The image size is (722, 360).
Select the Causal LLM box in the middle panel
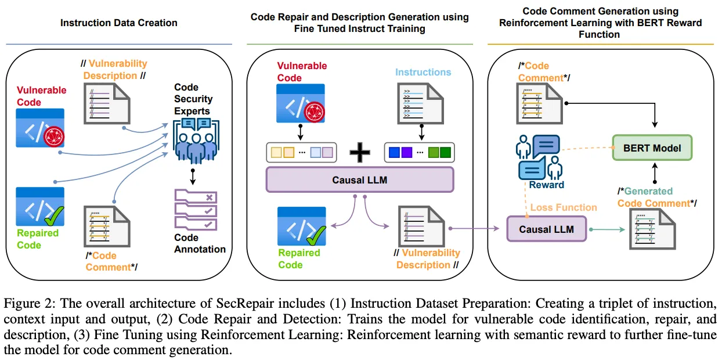click(x=359, y=180)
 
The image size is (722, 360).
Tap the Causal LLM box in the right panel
click(x=546, y=229)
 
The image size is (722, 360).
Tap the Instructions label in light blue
click(x=423, y=73)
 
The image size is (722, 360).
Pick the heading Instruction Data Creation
click(x=119, y=23)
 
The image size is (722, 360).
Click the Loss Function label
click(x=564, y=207)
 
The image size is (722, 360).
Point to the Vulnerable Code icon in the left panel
click(x=39, y=129)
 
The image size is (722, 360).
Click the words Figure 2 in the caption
click(x=24, y=304)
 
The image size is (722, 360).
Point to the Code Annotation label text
click(x=200, y=243)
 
